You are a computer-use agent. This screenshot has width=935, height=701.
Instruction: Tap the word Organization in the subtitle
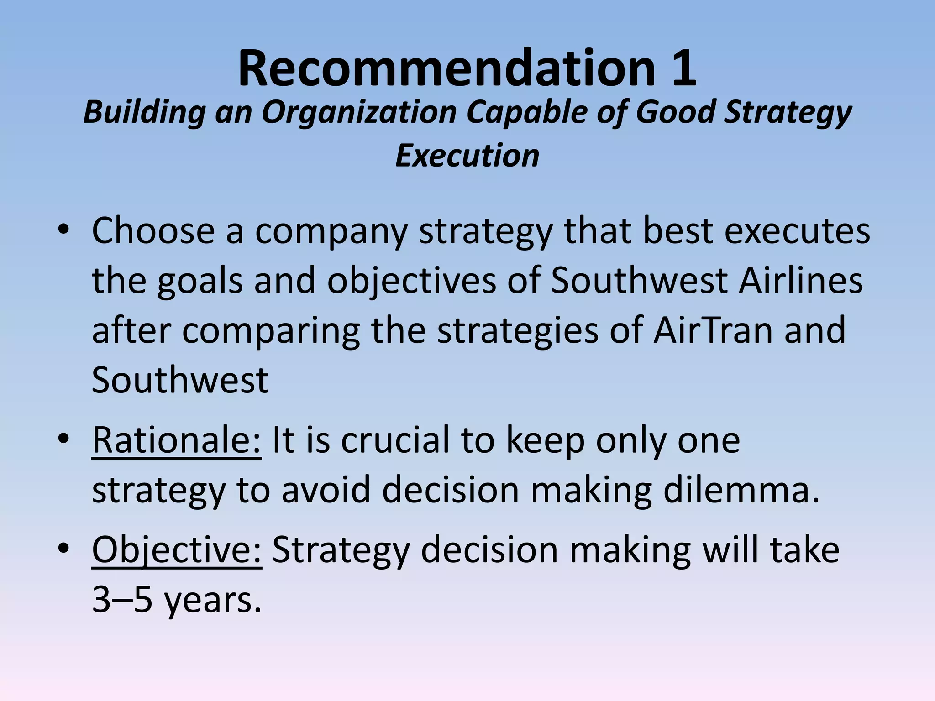(x=359, y=112)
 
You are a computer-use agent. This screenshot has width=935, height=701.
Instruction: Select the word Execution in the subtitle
(x=467, y=156)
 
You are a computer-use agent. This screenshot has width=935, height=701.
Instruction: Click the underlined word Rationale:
(x=176, y=440)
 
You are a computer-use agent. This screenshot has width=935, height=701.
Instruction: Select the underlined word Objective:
(x=177, y=550)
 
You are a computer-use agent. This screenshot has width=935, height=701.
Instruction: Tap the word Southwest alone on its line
(x=180, y=380)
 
